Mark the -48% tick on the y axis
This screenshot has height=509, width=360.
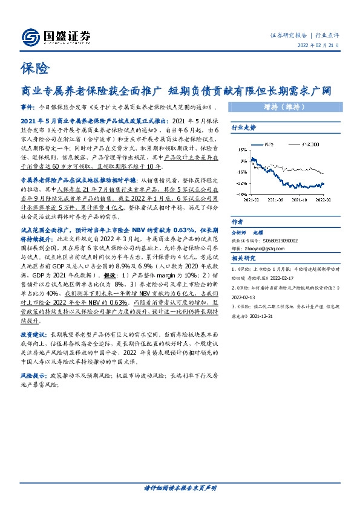tap(241, 203)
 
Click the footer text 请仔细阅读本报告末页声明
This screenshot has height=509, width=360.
tap(180, 487)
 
